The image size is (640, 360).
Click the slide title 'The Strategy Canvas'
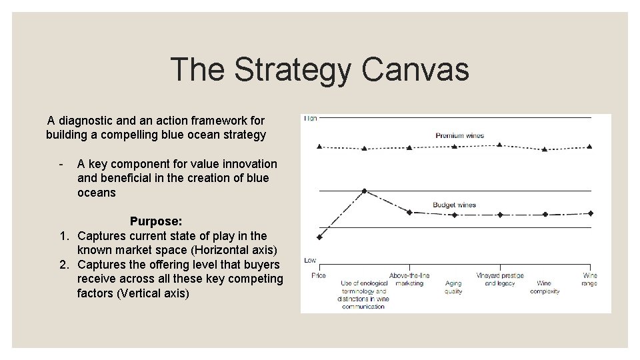[x=319, y=69]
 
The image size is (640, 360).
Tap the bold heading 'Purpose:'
[x=156, y=221]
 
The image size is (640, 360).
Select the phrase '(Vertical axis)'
[x=153, y=293]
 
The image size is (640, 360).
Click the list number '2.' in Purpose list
[x=65, y=265]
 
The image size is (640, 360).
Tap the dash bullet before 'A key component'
[x=61, y=164]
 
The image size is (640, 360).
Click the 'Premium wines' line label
[x=459, y=135]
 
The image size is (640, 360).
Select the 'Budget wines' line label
[x=454, y=205]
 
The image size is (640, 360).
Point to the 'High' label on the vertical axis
[x=311, y=119]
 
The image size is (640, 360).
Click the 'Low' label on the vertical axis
[x=310, y=260]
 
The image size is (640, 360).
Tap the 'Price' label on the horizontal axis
[x=319, y=275]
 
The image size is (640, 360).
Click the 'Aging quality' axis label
[x=453, y=287]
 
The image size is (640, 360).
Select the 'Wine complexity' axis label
[x=545, y=287]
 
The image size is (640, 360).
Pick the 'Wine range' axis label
[x=589, y=279]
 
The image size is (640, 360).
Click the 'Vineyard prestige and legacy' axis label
[x=499, y=279]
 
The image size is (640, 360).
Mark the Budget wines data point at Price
[x=319, y=237]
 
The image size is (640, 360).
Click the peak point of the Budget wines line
[x=364, y=191]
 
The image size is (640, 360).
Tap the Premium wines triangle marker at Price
[x=319, y=145]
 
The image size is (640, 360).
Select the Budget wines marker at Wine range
[x=590, y=213]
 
